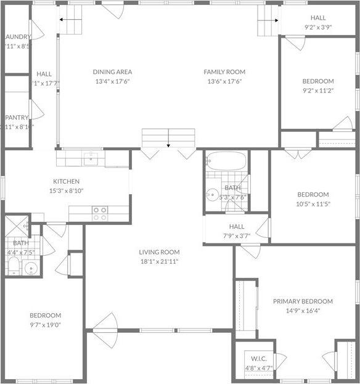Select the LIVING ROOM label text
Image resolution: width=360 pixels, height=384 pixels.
click(x=158, y=252)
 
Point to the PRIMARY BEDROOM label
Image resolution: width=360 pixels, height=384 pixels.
click(x=303, y=301)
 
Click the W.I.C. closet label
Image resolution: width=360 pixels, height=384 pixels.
click(x=258, y=359)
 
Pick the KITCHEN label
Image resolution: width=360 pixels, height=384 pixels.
click(x=66, y=181)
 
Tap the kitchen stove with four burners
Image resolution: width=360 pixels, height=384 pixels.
click(x=99, y=213)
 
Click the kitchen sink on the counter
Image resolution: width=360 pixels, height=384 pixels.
click(x=91, y=159)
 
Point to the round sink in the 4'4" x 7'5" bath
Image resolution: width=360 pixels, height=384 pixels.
click(x=31, y=268)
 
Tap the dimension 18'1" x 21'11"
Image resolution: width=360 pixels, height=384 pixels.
click(x=158, y=261)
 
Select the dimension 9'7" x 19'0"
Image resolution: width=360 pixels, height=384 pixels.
click(x=45, y=325)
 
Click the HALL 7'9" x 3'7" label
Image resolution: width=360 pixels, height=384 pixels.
click(x=237, y=227)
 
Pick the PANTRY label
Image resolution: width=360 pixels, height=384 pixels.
click(x=17, y=118)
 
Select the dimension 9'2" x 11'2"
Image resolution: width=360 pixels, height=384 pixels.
click(x=317, y=91)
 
